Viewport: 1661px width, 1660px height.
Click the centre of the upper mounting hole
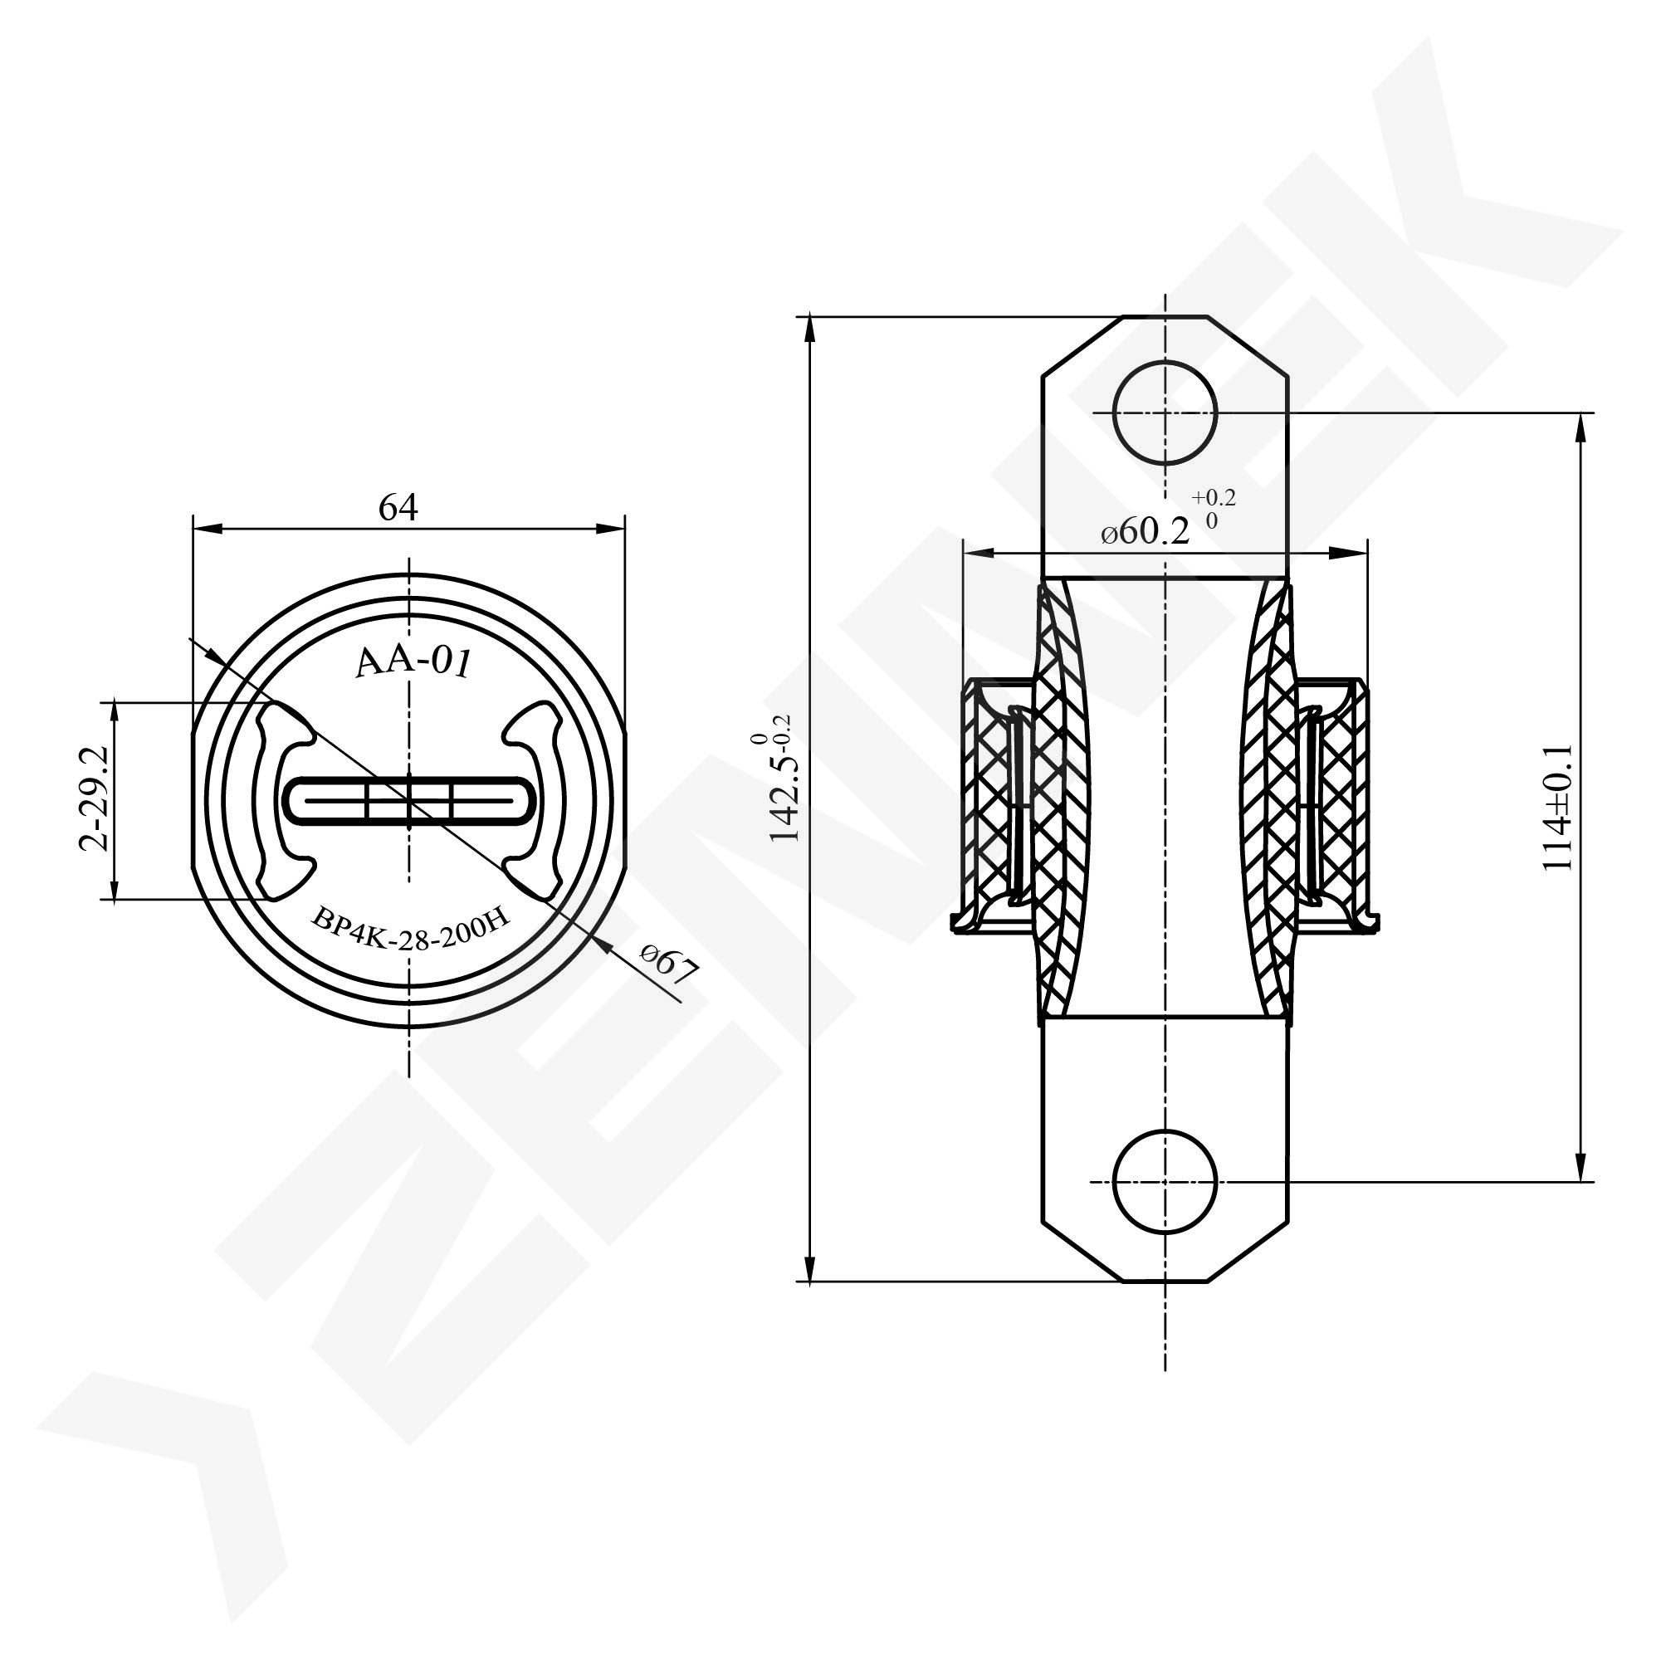click(1165, 413)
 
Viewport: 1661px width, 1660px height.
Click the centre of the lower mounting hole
click(1165, 1182)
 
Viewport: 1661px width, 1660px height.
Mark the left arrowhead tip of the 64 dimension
click(193, 529)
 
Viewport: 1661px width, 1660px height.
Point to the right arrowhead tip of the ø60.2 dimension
click(1367, 553)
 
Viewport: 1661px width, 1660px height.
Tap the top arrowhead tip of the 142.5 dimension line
click(809, 317)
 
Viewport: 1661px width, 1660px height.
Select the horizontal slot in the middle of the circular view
click(409, 801)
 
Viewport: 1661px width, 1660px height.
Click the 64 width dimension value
click(398, 508)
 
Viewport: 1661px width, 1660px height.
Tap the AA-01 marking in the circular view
click(413, 663)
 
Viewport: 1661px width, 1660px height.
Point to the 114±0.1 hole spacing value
click(1558, 808)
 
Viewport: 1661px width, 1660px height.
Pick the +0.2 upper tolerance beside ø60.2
click(1213, 498)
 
